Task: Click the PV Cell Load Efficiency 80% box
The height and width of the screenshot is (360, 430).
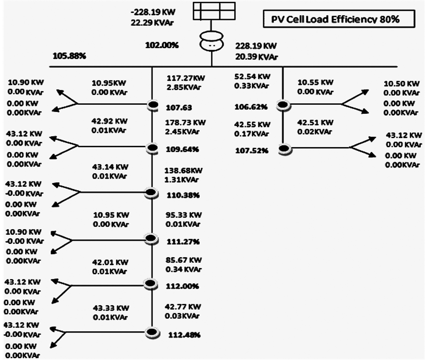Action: pos(339,20)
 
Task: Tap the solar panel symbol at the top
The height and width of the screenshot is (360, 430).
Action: pos(214,11)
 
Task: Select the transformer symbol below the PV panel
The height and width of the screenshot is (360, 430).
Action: pos(213,43)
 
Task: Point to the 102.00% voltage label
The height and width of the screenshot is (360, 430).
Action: pos(162,46)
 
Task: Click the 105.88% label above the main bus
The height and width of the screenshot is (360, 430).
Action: pos(69,56)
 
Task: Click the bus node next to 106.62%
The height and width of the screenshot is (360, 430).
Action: pos(283,105)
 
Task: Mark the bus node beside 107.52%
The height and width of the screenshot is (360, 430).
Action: pos(284,149)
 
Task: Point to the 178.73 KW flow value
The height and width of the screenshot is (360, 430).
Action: pos(185,123)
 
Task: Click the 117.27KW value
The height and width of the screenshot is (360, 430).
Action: pos(185,78)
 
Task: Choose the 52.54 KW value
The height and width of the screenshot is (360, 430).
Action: pos(252,76)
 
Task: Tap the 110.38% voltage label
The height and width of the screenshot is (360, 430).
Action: pos(183,195)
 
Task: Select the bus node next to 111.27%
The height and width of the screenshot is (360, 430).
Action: pos(151,239)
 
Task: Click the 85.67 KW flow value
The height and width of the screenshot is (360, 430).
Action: pos(184,260)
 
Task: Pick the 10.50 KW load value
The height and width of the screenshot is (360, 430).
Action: pos(401,84)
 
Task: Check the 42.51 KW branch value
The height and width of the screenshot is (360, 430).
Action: pos(315,122)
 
